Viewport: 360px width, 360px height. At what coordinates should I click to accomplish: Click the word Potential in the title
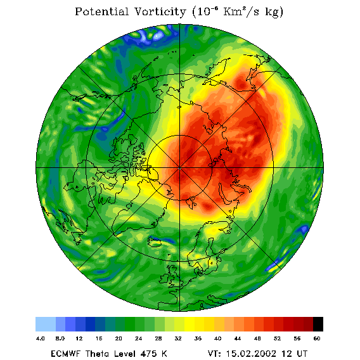point(101,11)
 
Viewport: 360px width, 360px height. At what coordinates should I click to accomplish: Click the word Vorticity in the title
point(160,11)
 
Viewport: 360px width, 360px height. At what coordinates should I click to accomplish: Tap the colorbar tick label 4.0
point(40,338)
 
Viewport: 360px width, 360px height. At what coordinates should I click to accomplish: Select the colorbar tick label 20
point(119,338)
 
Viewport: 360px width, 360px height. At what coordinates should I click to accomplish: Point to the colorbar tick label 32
point(178,338)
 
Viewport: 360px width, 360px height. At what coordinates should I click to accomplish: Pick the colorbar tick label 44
point(238,338)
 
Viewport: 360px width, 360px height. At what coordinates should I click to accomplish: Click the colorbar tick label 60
point(317,338)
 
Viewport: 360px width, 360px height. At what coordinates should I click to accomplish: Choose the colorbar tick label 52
point(277,338)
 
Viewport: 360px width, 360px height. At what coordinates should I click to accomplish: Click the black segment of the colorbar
point(318,324)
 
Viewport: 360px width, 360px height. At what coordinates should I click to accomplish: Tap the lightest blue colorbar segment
point(46,324)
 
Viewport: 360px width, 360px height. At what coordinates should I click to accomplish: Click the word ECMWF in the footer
point(65,354)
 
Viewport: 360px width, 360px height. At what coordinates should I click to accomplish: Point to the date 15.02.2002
point(251,354)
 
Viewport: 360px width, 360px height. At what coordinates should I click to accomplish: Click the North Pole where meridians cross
point(179,168)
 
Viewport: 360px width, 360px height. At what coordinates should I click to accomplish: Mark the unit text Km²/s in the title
point(241,11)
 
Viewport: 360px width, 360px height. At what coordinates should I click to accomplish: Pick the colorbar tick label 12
point(79,338)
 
